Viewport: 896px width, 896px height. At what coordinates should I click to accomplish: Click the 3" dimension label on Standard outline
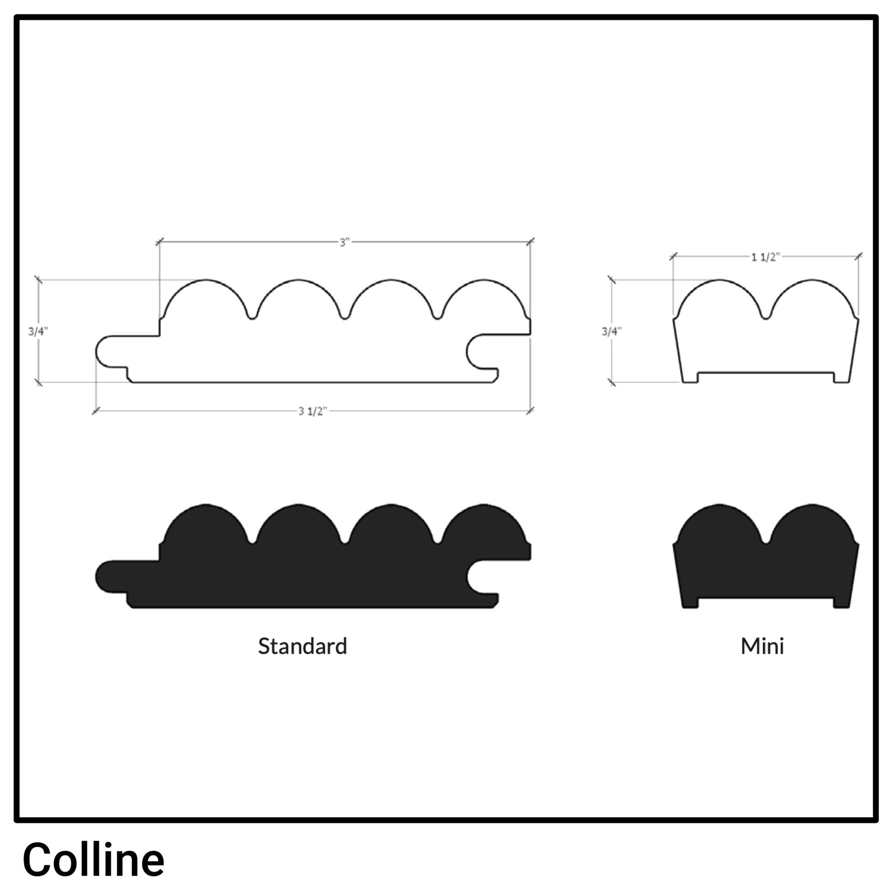pos(344,243)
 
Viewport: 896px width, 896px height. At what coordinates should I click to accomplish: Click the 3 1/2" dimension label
pos(313,411)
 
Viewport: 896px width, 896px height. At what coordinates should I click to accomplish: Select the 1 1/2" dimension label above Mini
pos(765,257)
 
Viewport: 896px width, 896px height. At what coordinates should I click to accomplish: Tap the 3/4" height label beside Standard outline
pos(38,331)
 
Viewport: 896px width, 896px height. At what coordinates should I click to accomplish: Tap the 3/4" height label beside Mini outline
pos(611,331)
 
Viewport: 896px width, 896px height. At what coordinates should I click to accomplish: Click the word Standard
pos(303,646)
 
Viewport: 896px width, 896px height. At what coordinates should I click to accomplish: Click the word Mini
pos(762,646)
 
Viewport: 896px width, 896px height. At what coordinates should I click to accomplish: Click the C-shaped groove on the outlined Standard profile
pos(477,351)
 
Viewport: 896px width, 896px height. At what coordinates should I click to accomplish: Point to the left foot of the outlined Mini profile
pos(690,378)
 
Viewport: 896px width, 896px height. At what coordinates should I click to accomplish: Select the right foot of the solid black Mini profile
pos(841,602)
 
